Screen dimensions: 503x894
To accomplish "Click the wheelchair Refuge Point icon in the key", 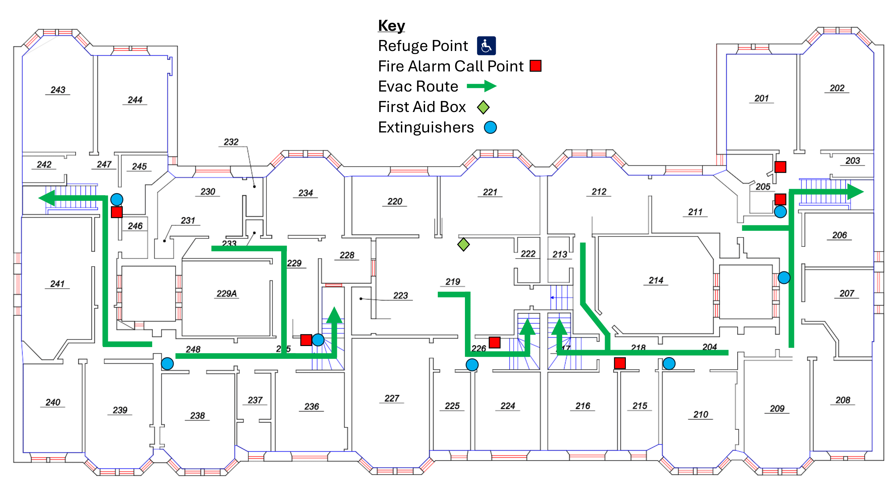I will [x=486, y=46].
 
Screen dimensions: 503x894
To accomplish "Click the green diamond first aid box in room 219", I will [x=463, y=244].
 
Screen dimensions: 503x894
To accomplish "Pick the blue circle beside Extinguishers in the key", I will [x=490, y=127].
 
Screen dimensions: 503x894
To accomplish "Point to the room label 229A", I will [x=227, y=294].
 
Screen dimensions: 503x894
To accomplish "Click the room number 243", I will [x=58, y=90].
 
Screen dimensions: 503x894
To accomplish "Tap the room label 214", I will [x=656, y=280].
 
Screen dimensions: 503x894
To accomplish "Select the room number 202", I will [x=837, y=88].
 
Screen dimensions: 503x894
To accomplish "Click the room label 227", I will [x=392, y=398].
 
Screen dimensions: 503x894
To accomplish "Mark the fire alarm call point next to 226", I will [x=494, y=343].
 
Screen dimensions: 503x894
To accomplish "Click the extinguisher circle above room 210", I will [x=669, y=364].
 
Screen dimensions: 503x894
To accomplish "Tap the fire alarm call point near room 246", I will [x=117, y=212].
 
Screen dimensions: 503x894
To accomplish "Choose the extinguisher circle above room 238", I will [x=167, y=364].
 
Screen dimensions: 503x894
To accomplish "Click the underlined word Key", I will [x=392, y=26].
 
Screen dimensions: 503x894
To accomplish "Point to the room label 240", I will [x=53, y=402].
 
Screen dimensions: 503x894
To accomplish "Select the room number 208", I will [x=843, y=400].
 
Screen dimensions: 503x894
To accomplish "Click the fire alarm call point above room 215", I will [x=619, y=363].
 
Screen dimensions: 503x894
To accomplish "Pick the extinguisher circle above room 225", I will [x=472, y=365].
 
